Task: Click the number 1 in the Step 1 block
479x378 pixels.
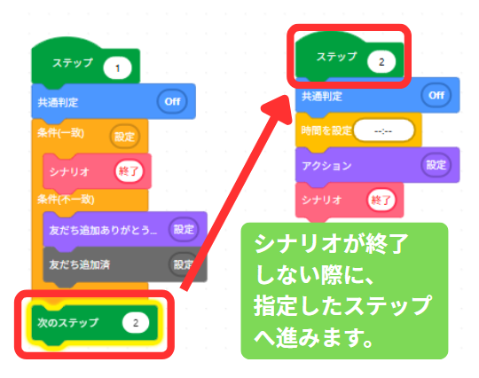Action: click(x=117, y=67)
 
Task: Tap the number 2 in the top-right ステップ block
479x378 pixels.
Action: click(x=381, y=62)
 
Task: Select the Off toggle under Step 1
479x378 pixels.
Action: click(x=172, y=101)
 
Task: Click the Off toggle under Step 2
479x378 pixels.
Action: click(x=436, y=95)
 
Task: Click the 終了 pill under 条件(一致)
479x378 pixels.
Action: click(x=129, y=171)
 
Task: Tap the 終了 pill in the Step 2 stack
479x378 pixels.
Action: click(x=381, y=201)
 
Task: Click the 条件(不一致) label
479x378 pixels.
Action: click(x=66, y=200)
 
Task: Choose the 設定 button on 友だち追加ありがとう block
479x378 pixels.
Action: click(x=184, y=229)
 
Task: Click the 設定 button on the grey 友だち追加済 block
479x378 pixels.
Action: click(x=183, y=264)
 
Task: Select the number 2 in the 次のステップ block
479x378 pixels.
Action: click(x=136, y=323)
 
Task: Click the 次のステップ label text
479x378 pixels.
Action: click(x=67, y=323)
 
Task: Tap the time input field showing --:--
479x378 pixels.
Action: click(x=383, y=131)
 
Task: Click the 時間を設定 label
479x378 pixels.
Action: click(x=326, y=130)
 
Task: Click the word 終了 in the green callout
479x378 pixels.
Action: click(x=387, y=244)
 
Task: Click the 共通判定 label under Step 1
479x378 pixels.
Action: click(x=58, y=102)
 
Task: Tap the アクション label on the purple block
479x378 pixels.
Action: click(x=326, y=166)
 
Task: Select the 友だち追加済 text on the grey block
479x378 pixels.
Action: click(x=80, y=264)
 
